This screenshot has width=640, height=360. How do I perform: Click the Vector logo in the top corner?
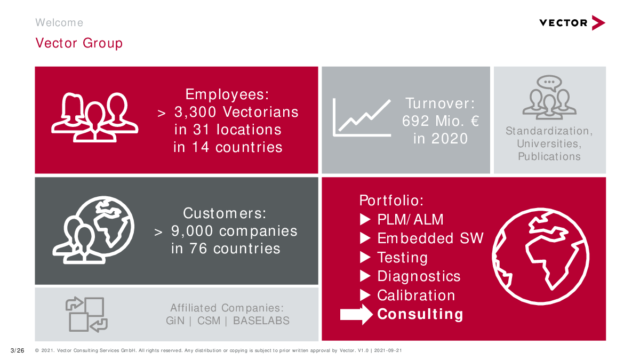pos(572,23)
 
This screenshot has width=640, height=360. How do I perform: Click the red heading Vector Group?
pos(79,43)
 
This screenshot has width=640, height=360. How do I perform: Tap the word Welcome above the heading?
pos(59,22)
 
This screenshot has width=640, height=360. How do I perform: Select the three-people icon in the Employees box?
pos(94,117)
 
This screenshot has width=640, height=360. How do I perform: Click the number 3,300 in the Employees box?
pos(195,111)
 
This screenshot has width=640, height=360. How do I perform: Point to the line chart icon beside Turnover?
pos(362,117)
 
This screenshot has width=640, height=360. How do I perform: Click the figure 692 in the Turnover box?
pos(415,121)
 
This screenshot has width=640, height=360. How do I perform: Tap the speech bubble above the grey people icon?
pos(549,83)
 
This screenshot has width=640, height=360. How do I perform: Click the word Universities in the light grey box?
pos(549,143)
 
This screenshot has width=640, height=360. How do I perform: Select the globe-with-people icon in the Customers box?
pos(93,230)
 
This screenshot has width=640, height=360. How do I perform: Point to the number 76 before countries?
pos(198,249)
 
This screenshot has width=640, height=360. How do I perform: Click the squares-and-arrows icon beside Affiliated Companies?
pos(86,314)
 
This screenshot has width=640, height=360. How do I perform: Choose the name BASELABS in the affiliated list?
pos(261,321)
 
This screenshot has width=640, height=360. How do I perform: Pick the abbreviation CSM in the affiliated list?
pos(209,321)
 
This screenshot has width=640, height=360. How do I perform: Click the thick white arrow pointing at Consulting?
pos(356,315)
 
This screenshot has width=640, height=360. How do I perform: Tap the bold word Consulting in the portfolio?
pos(420,314)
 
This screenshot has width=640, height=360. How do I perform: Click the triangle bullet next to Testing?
pos(365,257)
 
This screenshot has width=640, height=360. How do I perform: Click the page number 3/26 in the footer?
pos(17,350)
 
